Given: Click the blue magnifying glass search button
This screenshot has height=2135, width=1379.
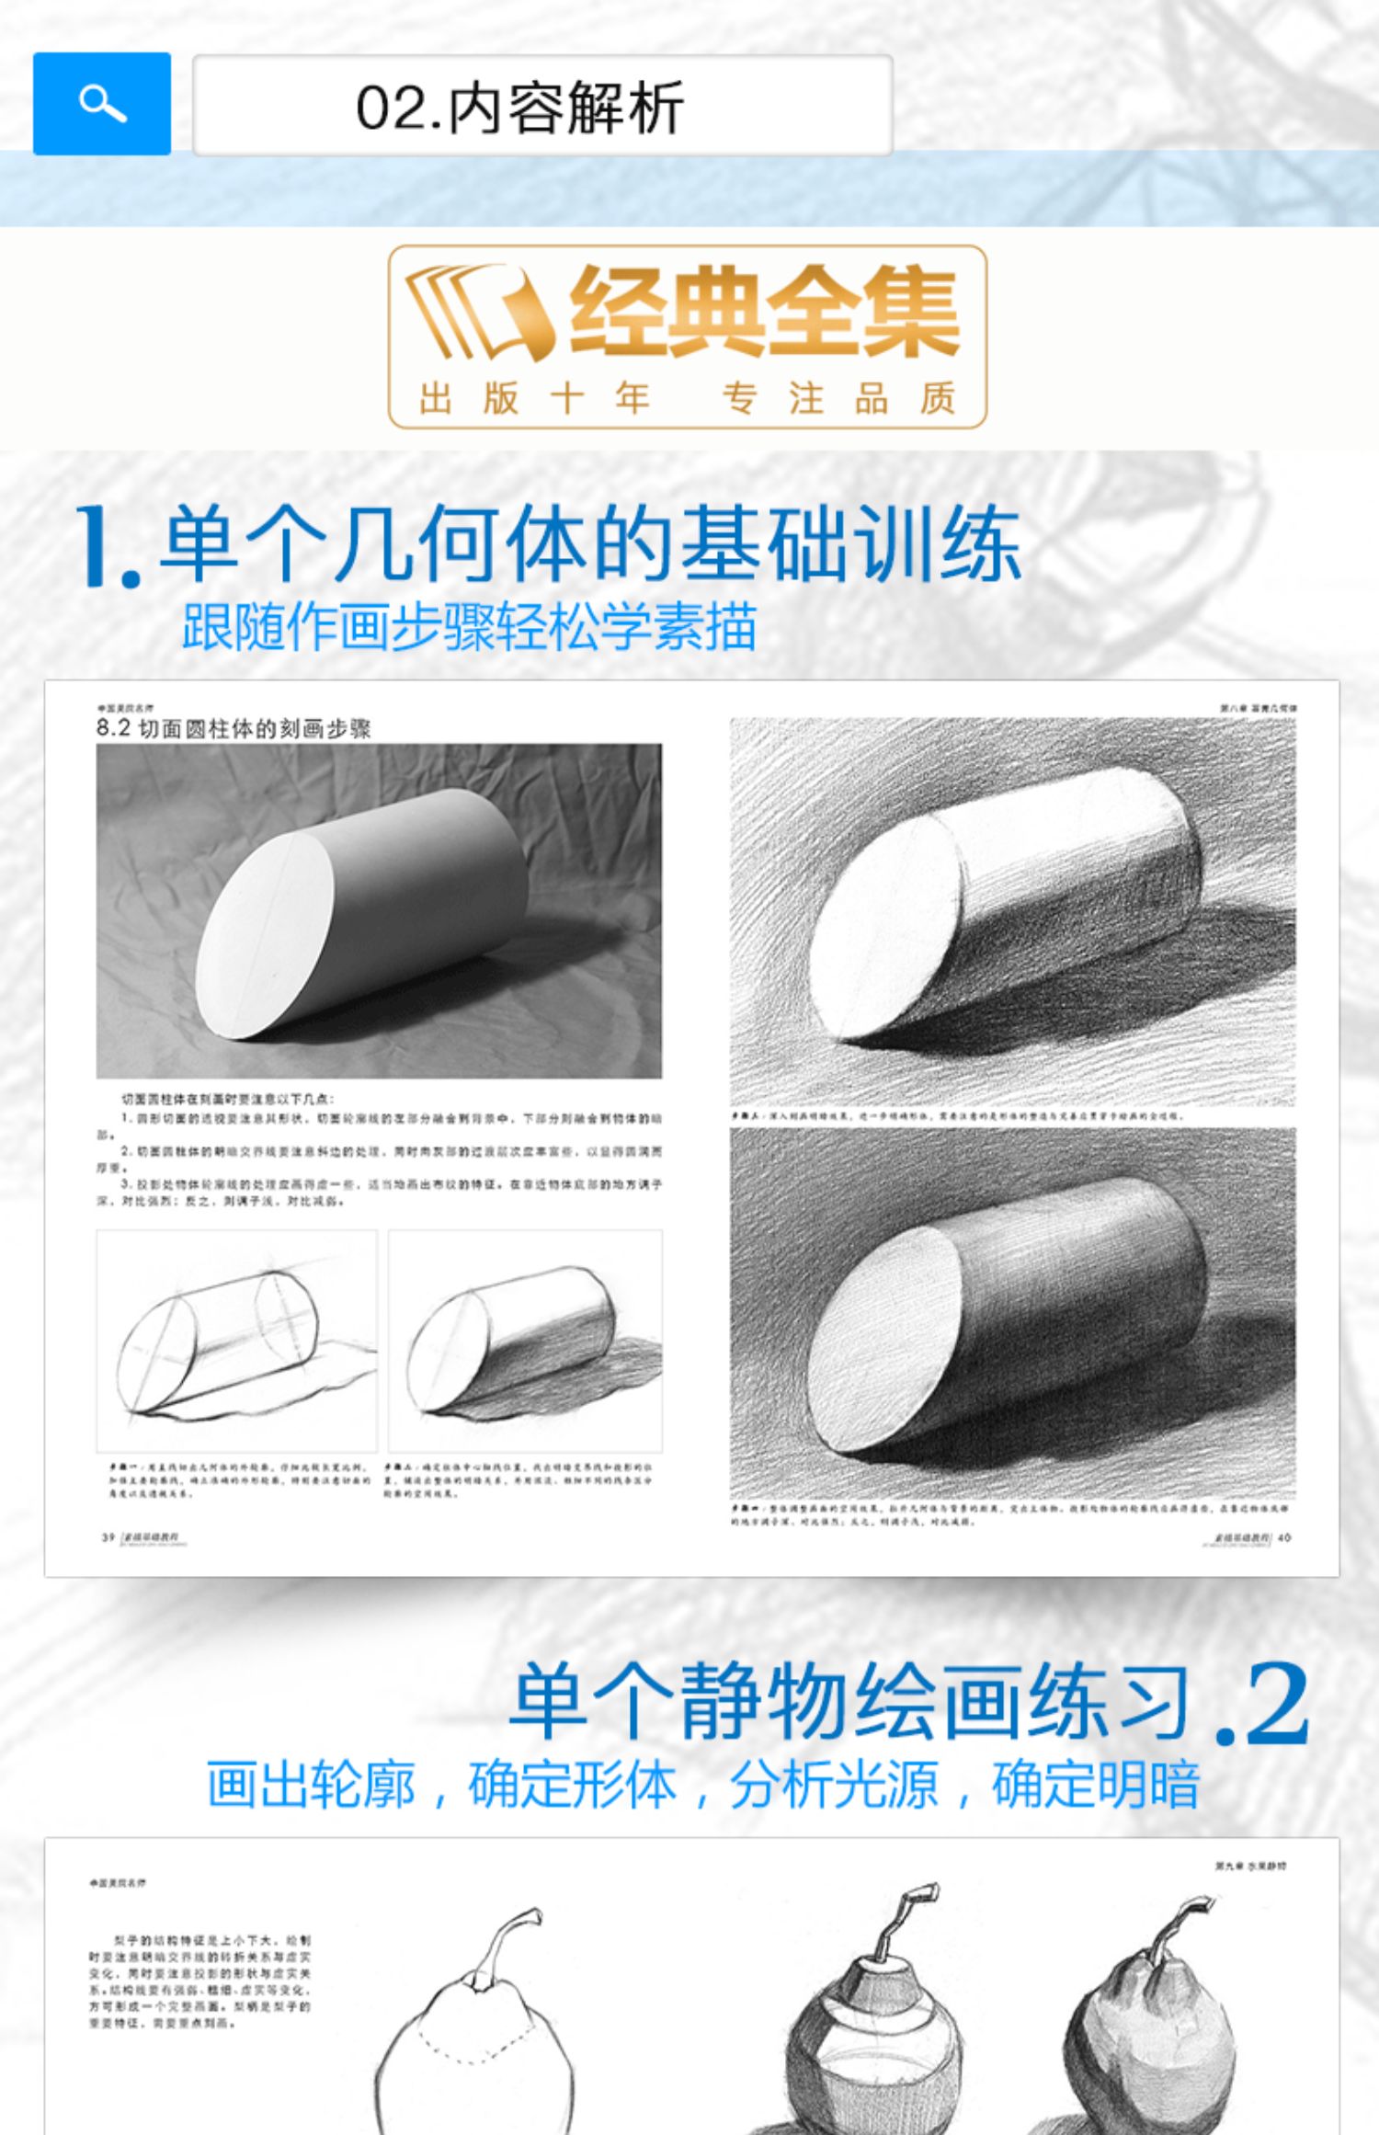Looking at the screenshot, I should [102, 103].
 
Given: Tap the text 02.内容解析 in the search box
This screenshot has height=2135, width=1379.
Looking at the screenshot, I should [519, 108].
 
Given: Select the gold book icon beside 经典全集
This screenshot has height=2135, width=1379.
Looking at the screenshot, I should [478, 313].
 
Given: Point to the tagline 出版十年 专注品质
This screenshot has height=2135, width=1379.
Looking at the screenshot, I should [688, 398].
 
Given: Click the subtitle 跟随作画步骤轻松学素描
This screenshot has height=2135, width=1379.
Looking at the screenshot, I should [469, 627].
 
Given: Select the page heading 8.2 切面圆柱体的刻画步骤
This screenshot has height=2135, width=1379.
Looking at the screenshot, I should [234, 729].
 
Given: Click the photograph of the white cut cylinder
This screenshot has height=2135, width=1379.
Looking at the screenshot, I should [379, 910].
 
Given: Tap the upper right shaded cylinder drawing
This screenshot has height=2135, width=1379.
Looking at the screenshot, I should [1012, 910].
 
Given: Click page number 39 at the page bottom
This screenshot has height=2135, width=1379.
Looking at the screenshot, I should [108, 1537].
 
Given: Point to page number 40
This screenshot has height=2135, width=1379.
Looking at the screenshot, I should [1284, 1536].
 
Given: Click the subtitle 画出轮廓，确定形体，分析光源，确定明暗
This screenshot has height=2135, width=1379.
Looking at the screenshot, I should [703, 1785].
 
